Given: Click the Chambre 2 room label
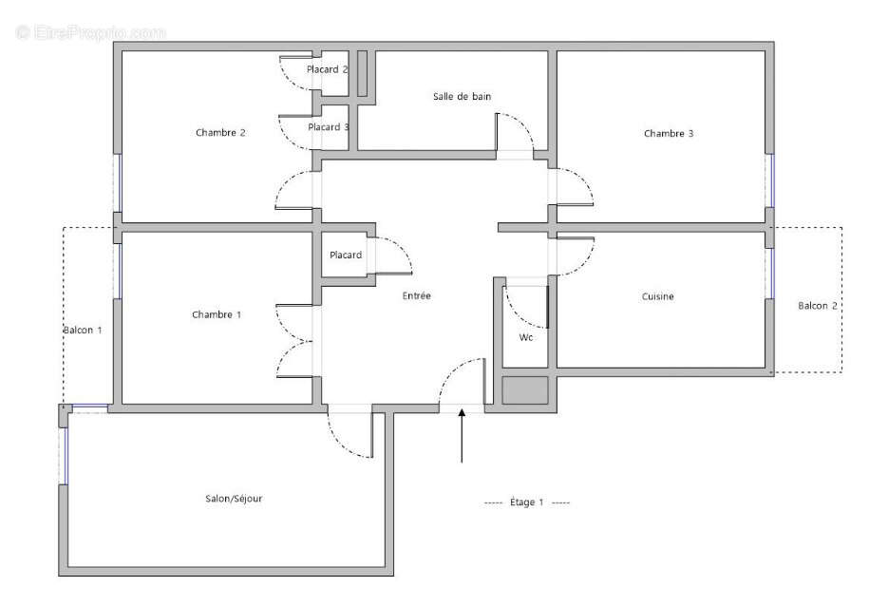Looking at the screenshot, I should [220, 133].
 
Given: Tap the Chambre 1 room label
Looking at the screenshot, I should [217, 314].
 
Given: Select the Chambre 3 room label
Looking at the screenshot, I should [669, 134].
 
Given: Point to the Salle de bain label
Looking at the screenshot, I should [462, 96].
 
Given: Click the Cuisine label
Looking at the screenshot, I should [657, 297].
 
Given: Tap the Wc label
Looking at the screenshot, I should [525, 338].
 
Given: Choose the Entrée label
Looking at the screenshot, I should [416, 296].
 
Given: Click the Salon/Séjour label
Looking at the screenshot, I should [234, 499].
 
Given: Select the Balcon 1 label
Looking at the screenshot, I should [83, 330].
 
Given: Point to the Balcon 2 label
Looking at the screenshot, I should [818, 306].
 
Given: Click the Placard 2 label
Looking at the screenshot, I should [328, 69].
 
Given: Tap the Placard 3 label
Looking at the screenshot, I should [329, 127].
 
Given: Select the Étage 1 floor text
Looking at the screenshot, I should [527, 502].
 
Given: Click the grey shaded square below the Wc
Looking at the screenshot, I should [525, 391].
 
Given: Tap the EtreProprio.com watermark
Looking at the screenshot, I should [90, 32].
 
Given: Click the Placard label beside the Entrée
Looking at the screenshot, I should [346, 256].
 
